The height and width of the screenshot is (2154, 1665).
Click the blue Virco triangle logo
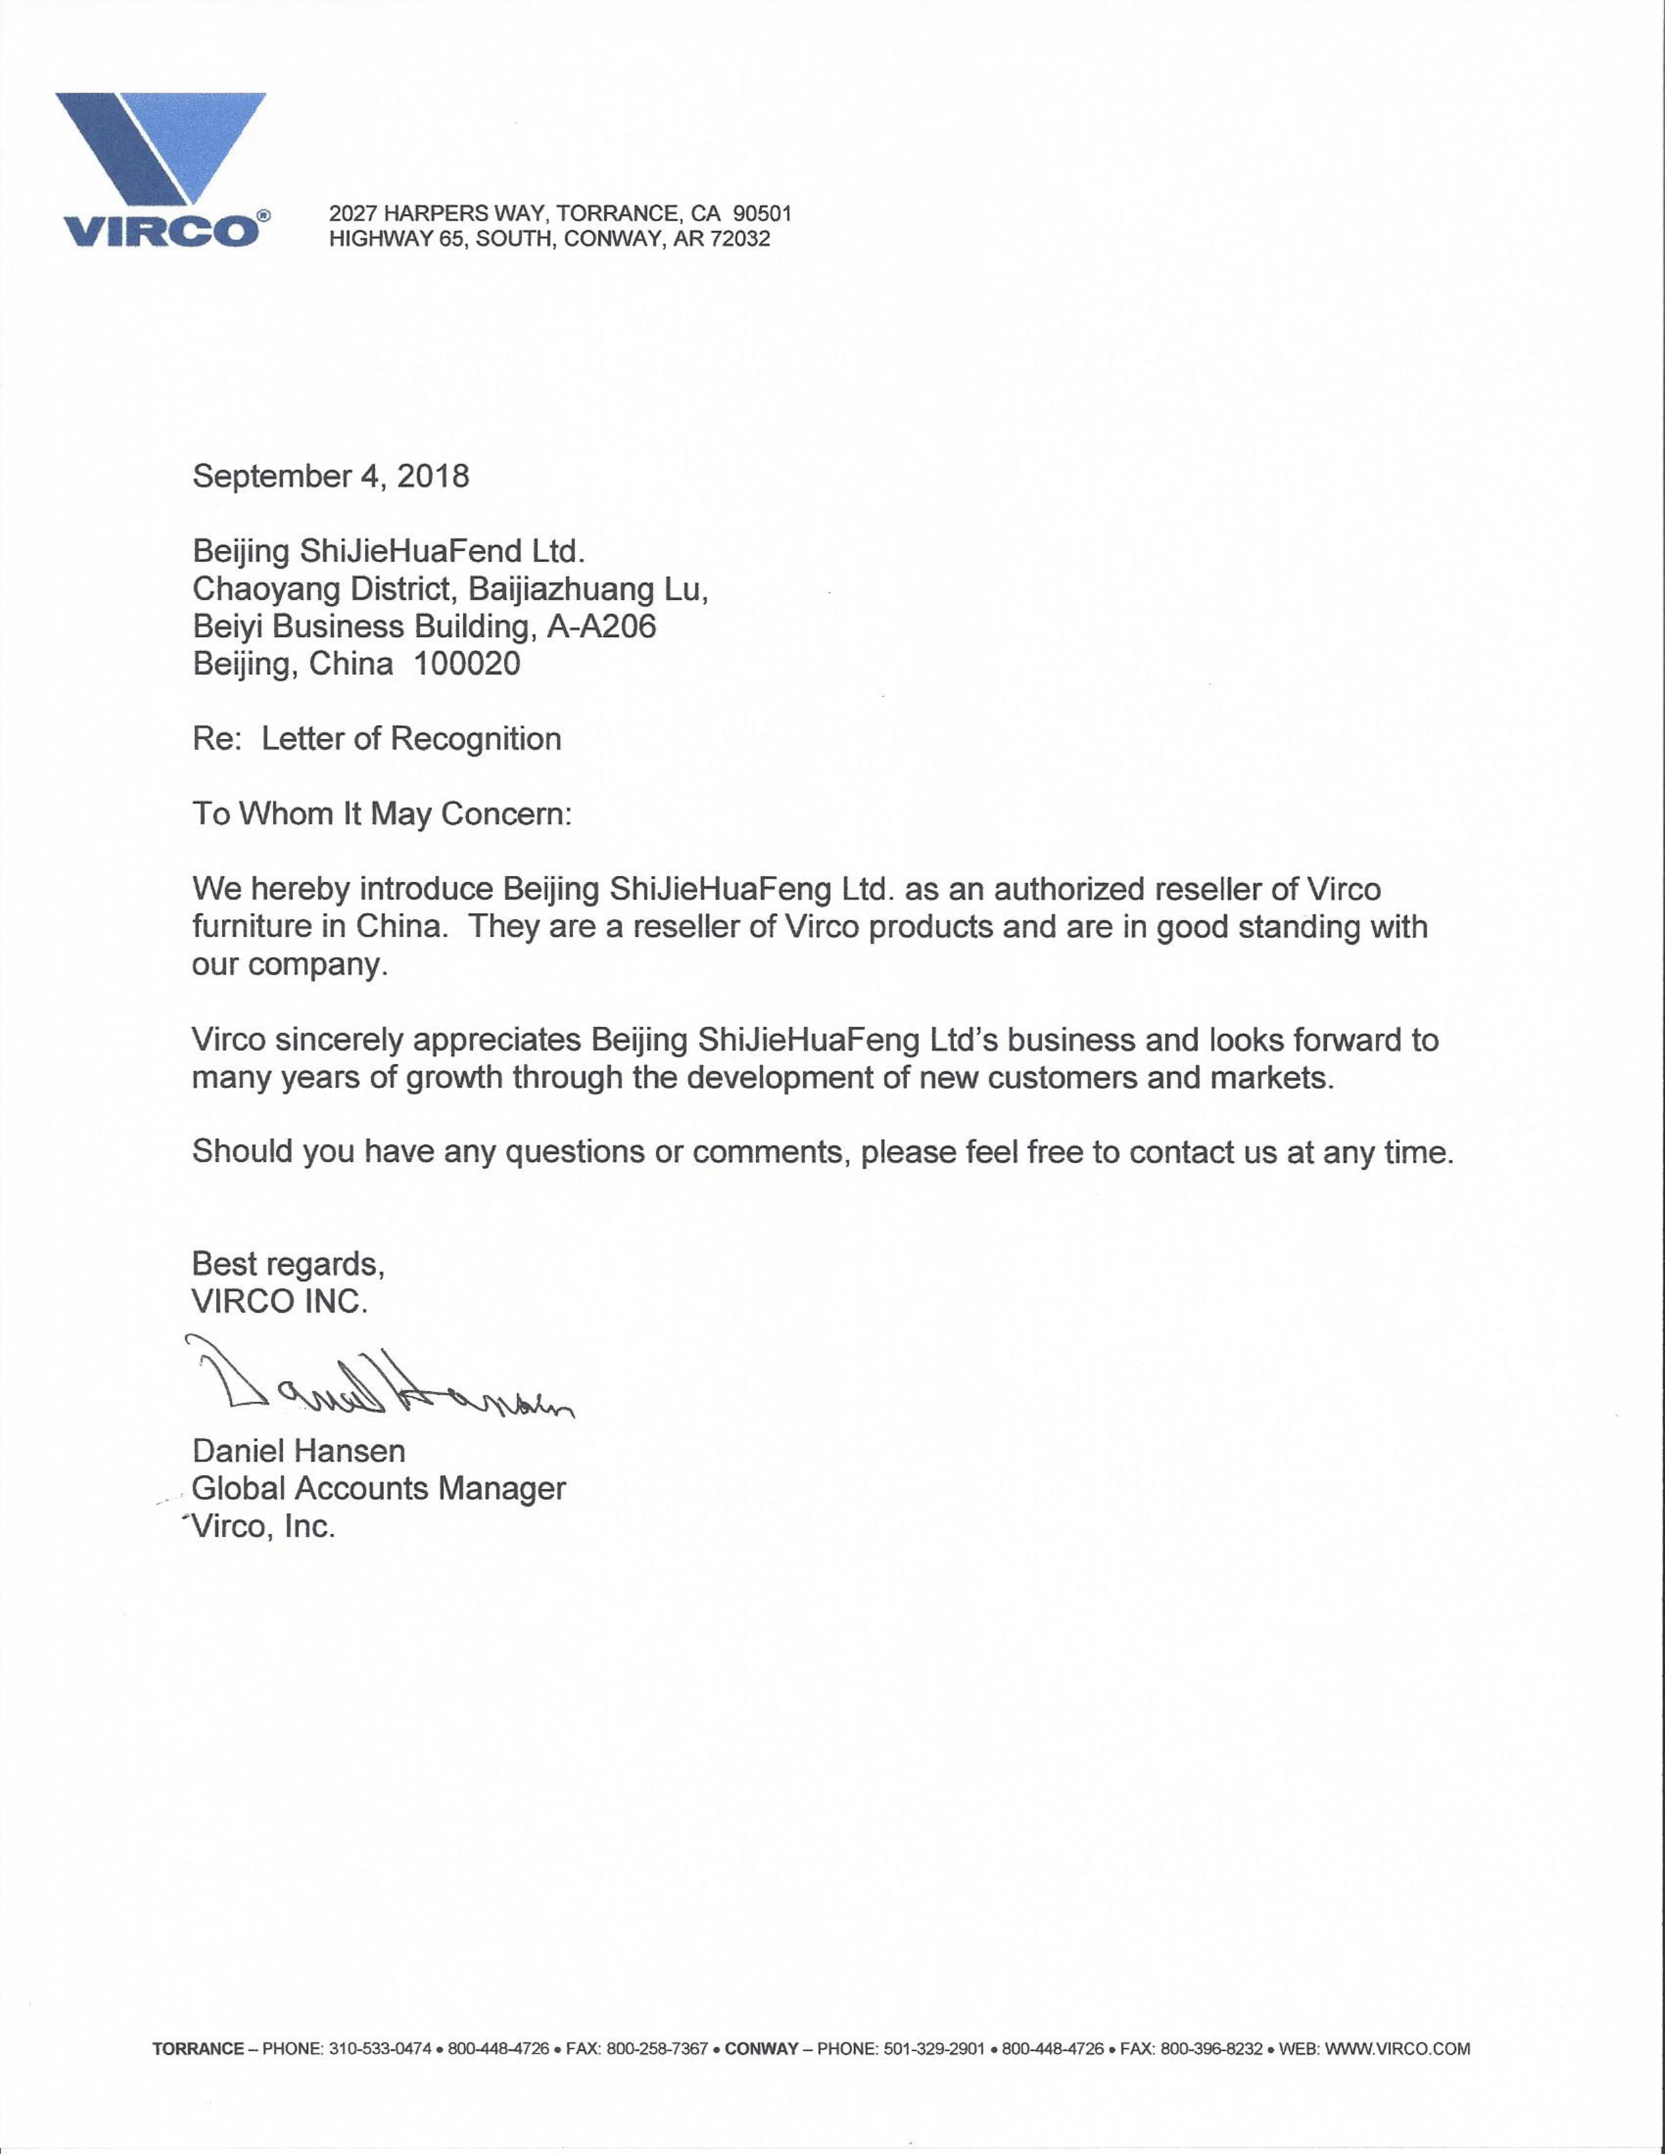(161, 148)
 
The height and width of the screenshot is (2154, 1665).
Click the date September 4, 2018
(330, 476)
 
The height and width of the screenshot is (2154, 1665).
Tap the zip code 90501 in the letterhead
(761, 213)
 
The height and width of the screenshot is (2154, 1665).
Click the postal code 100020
(467, 664)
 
